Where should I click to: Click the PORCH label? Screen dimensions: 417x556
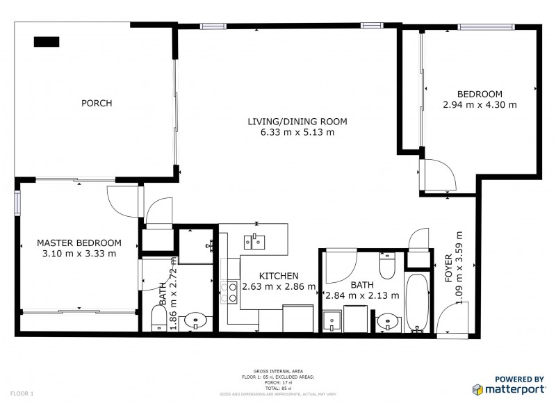97,104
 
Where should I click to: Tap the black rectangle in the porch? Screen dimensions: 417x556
47,41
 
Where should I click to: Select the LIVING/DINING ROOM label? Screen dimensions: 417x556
297,122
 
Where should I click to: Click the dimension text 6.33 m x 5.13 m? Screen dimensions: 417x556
297,132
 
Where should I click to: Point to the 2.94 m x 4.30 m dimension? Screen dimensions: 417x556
480,105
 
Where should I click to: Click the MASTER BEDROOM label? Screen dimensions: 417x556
79,243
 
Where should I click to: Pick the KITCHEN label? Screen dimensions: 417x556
279,275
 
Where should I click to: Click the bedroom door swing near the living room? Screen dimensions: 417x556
432,174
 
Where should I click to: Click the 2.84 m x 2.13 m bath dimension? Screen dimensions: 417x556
361,295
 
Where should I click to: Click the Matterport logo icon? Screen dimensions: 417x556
478,389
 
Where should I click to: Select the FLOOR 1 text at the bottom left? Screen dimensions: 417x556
22,393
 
